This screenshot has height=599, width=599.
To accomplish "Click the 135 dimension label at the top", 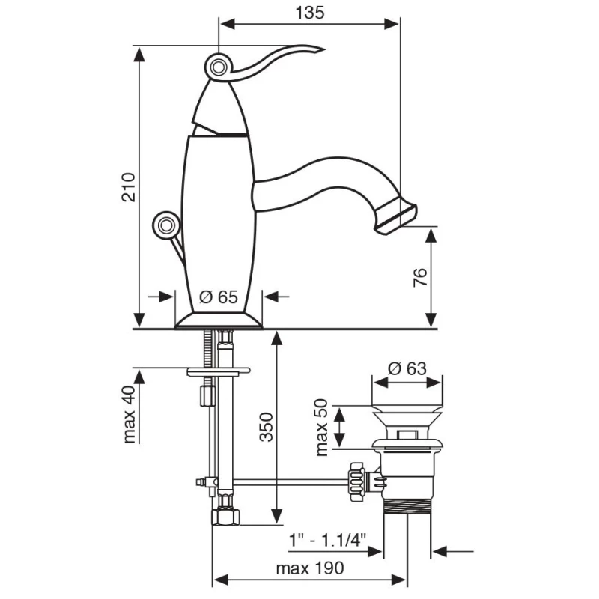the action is (x=310, y=13).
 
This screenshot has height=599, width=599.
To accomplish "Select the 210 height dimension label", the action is (x=129, y=187).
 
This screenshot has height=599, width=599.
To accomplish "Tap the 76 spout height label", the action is (x=420, y=277).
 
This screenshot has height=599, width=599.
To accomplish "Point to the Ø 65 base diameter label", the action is (x=219, y=297).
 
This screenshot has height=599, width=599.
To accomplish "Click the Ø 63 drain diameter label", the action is (x=407, y=368).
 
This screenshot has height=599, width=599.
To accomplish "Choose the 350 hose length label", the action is (x=267, y=427).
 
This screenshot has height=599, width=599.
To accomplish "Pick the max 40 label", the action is (x=130, y=415).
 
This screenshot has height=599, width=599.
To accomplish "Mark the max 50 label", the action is (x=322, y=428).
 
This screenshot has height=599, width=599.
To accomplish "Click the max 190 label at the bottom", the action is (x=310, y=568).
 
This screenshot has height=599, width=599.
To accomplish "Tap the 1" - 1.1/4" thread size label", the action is (x=327, y=541).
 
